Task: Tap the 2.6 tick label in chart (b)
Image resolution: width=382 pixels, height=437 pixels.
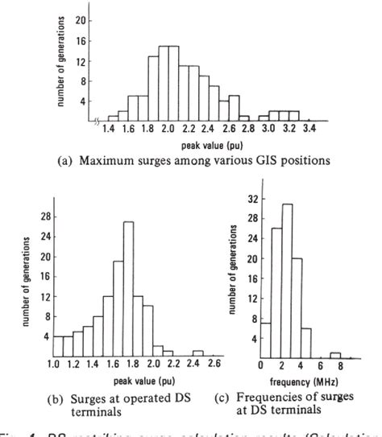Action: click(x=214, y=365)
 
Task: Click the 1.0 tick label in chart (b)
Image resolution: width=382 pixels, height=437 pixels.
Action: click(x=54, y=365)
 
